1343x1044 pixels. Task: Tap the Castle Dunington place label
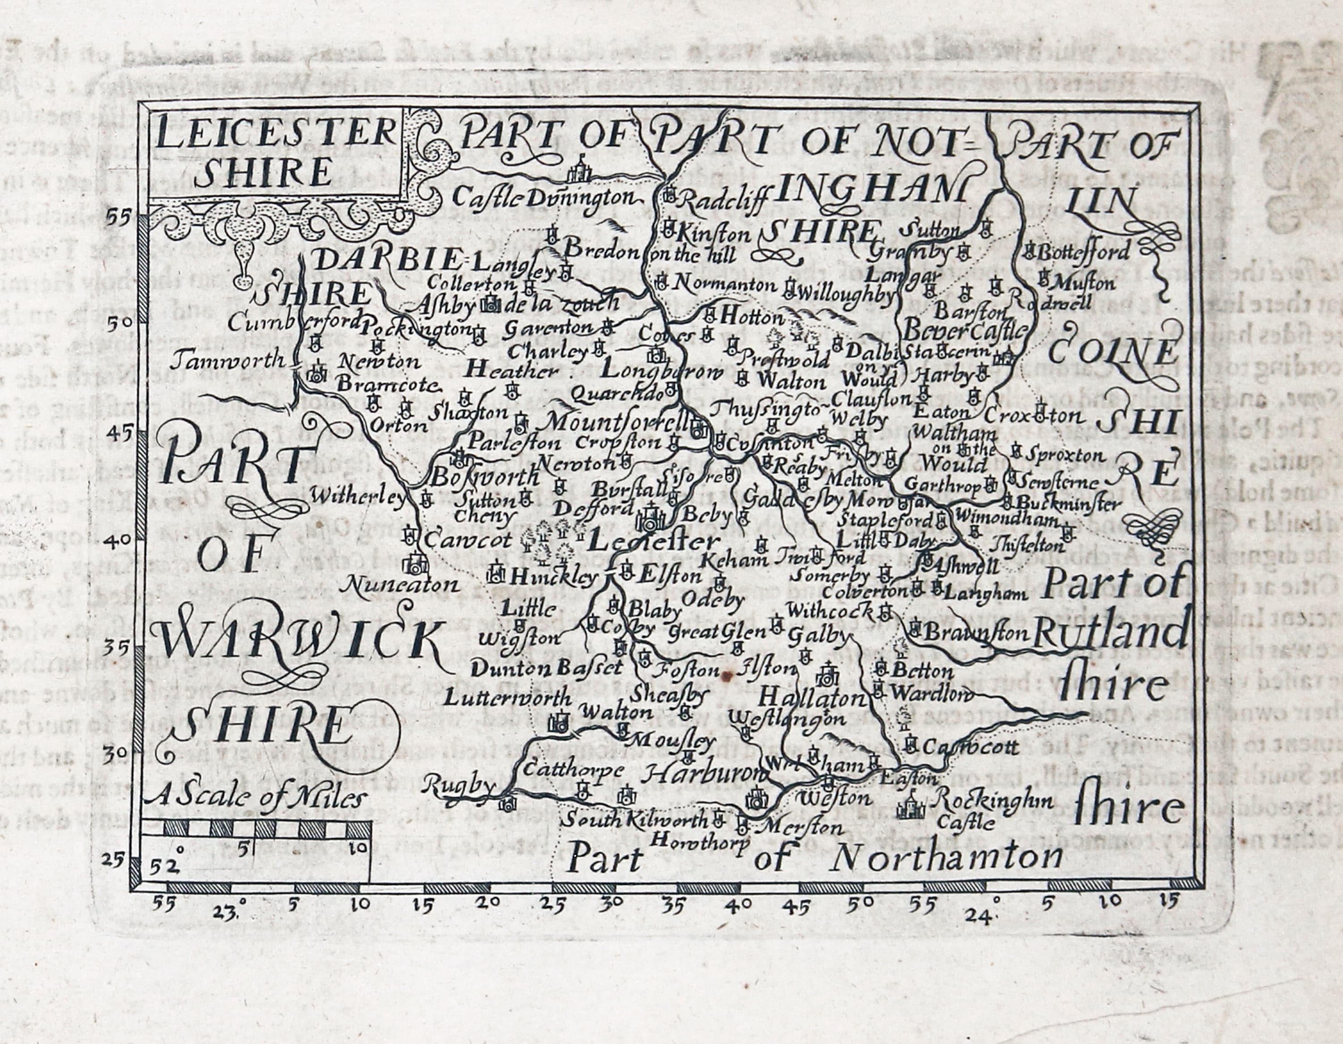click(543, 198)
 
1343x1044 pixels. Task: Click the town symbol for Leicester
click(650, 519)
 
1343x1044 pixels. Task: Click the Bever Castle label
click(966, 331)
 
